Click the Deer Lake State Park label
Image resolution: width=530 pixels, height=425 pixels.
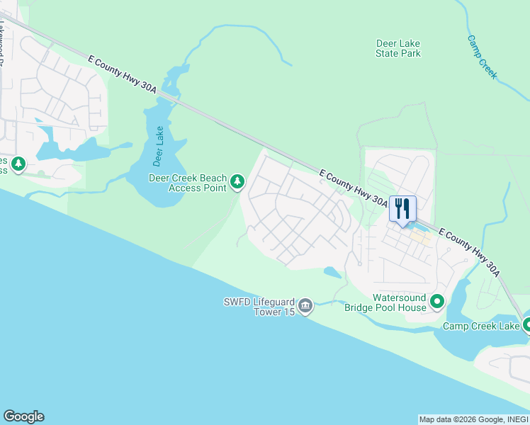coord(397,48)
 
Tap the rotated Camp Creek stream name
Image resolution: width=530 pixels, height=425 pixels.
coord(483,56)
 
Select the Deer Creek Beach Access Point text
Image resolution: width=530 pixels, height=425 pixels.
coord(188,183)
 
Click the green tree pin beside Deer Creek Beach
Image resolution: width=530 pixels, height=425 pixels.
coord(238,183)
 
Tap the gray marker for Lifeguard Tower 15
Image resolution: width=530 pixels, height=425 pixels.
coord(305,305)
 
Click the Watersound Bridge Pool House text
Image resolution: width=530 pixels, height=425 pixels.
coord(385,302)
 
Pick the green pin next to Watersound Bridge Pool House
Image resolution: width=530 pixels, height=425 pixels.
coord(437,302)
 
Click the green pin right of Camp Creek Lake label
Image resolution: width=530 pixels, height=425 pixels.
coord(527,325)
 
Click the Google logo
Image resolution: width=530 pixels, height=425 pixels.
coord(23,416)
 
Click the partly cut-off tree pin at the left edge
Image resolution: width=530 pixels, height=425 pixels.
coord(18,165)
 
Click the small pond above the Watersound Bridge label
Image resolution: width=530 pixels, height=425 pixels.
coord(332,271)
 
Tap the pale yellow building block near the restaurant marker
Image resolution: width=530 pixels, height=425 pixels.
coord(422,239)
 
